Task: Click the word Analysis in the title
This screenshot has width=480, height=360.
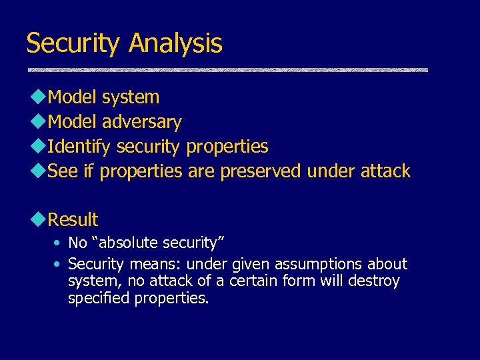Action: click(175, 44)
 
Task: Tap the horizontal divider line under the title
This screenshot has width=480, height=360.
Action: click(227, 69)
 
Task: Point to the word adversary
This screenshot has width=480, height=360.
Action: click(143, 122)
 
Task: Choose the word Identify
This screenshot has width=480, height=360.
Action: click(81, 147)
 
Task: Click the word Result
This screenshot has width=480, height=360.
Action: click(73, 220)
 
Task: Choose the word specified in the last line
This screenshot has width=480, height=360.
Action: click(99, 299)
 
